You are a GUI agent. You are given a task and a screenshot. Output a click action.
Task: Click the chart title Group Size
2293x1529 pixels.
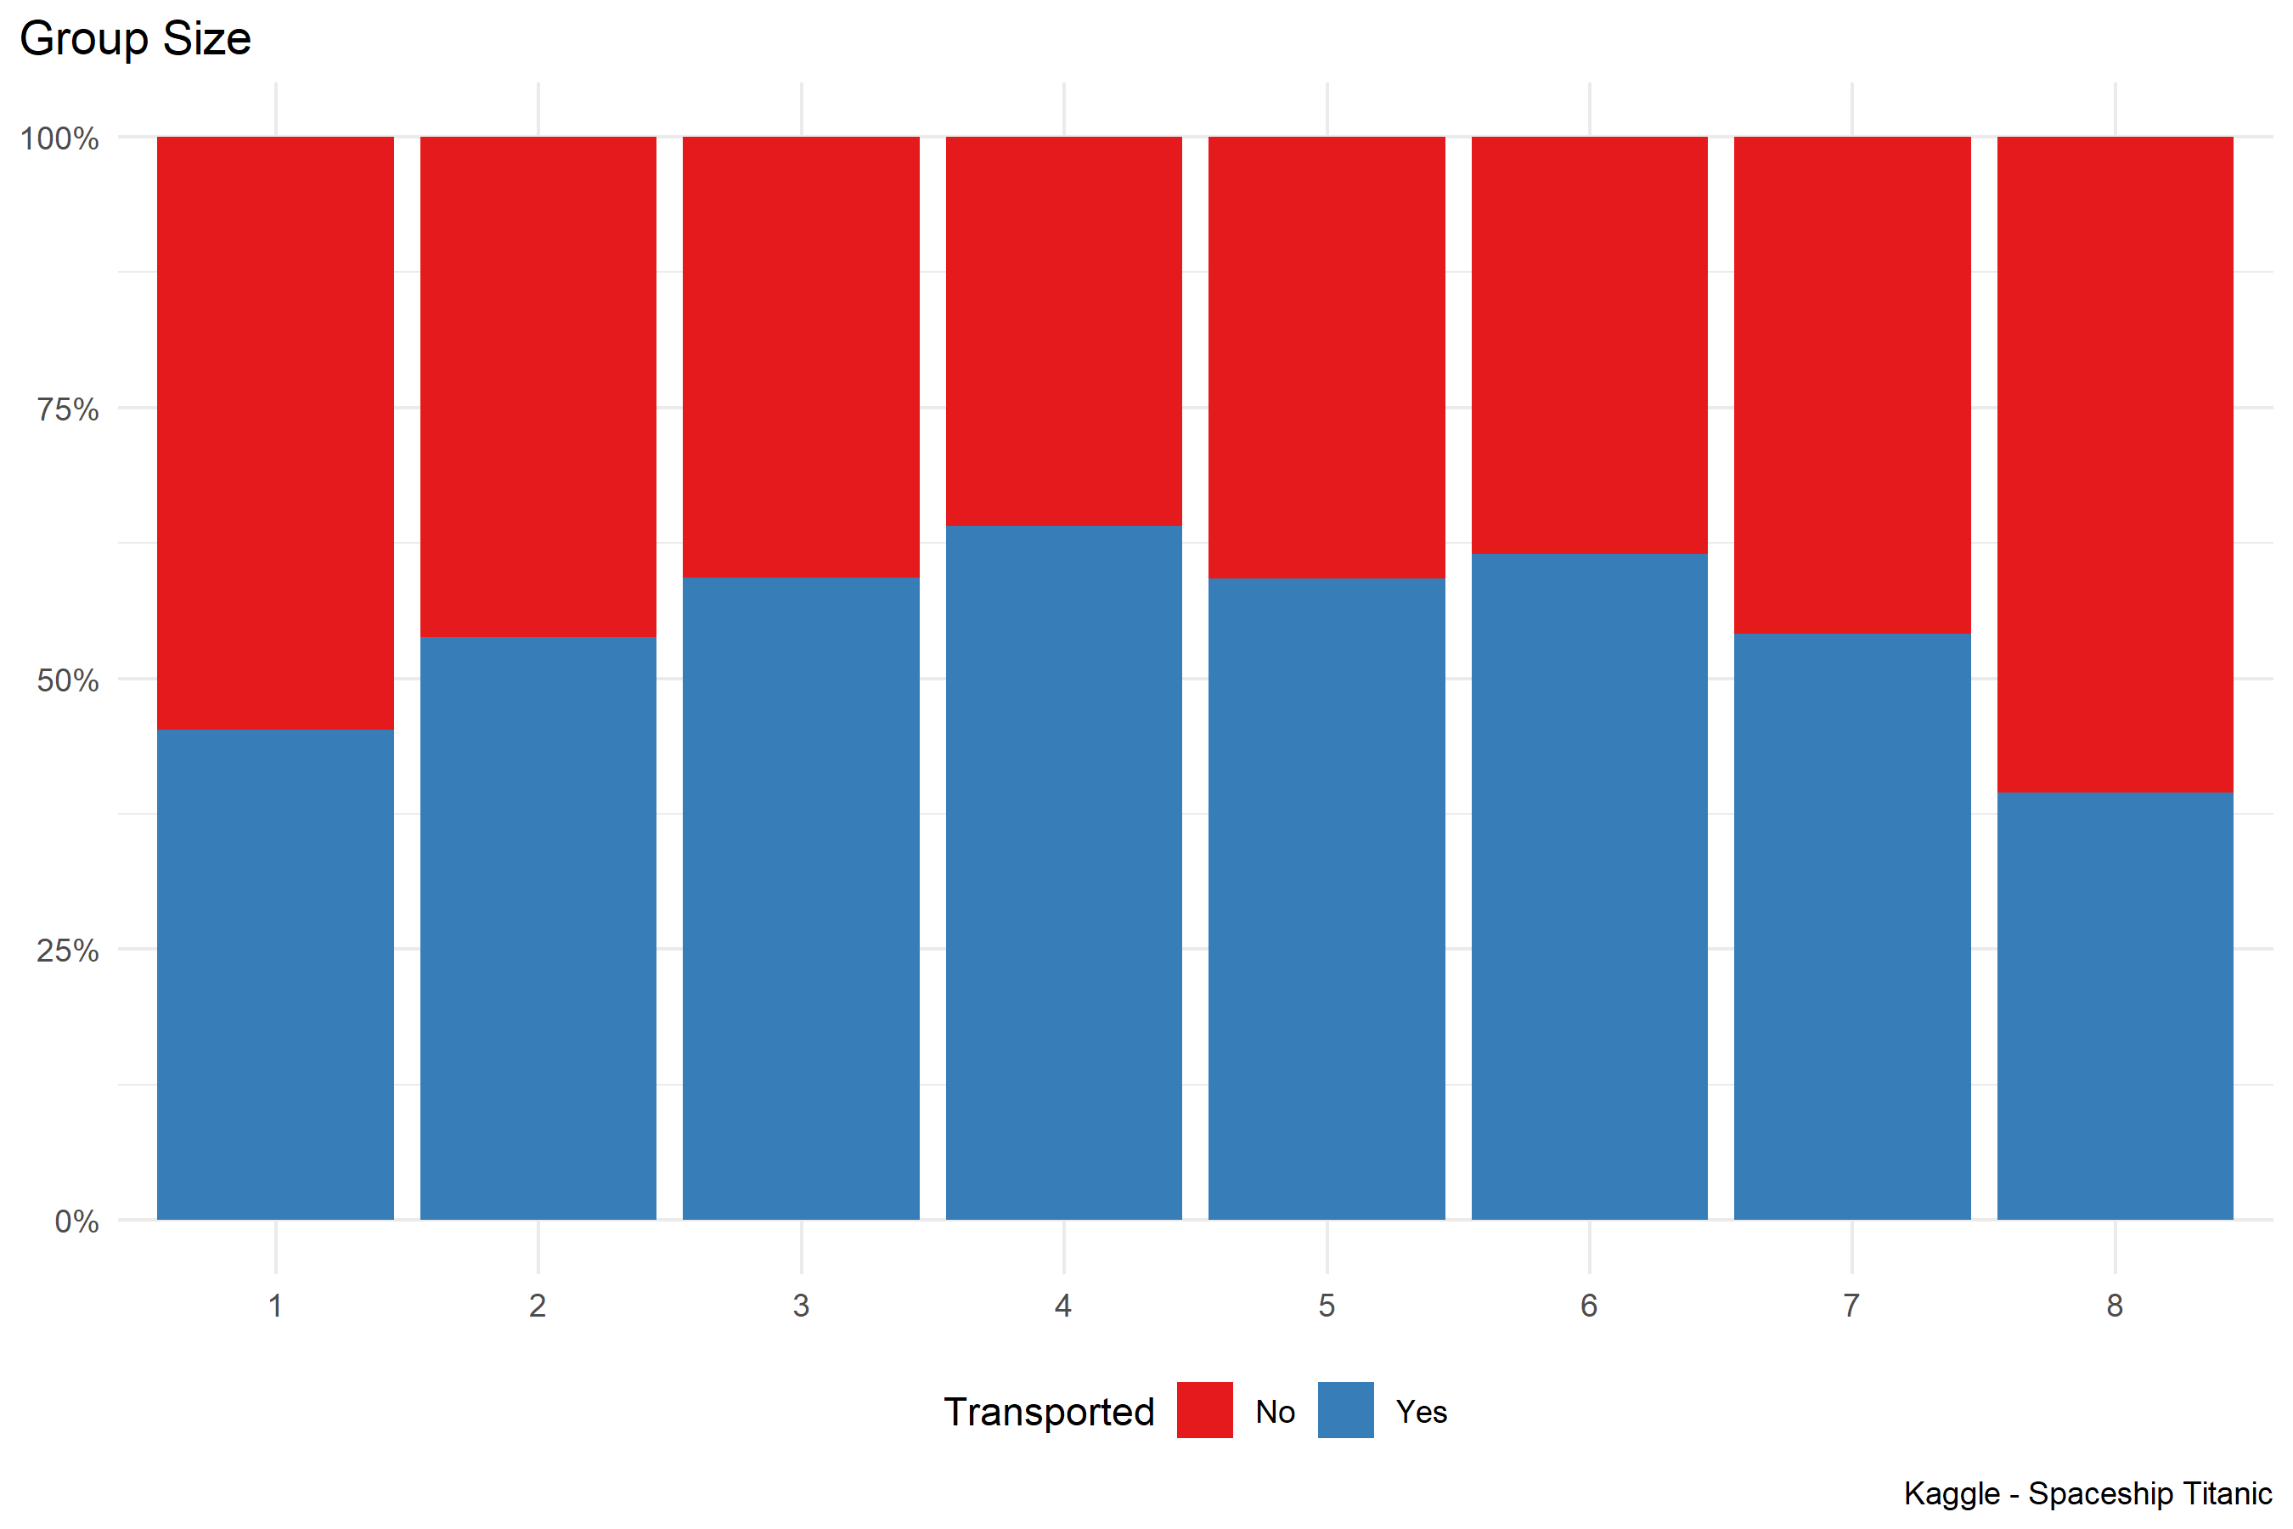pos(136,39)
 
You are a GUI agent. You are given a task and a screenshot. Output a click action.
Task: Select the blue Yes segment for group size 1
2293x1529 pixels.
pos(275,974)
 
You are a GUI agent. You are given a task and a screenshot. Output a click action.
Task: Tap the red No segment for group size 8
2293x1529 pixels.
pos(2115,464)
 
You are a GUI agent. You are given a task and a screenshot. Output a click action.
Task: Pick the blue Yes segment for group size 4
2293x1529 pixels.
pos(1063,872)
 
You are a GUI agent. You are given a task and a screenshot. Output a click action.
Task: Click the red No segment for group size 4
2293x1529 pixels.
pos(1063,330)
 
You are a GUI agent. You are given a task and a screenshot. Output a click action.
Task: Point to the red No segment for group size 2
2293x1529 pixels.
pos(538,386)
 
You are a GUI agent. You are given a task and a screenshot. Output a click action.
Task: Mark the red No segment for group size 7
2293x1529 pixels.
pos(1852,384)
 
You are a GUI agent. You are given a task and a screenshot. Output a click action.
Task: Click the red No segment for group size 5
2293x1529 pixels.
pos(1327,357)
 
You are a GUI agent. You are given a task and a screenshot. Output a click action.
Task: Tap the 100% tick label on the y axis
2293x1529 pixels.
pos(60,138)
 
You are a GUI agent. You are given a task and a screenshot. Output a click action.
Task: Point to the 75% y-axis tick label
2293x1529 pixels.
pos(68,409)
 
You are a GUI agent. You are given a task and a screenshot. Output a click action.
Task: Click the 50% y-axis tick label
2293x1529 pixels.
pos(68,680)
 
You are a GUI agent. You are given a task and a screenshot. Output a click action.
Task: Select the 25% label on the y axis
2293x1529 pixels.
pos(68,951)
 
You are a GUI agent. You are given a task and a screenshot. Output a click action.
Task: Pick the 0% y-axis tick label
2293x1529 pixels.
pos(77,1222)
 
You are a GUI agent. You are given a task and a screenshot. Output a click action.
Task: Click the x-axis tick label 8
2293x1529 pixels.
pos(2115,1306)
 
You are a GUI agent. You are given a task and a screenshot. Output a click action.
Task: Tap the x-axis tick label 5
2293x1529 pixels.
pos(1327,1306)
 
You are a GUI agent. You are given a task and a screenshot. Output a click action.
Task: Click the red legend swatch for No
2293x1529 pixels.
pos(1205,1410)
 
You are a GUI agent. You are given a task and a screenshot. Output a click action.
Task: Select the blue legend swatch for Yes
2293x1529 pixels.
pos(1345,1410)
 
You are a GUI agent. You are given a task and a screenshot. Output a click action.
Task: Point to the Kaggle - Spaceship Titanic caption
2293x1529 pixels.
pos(2087,1494)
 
